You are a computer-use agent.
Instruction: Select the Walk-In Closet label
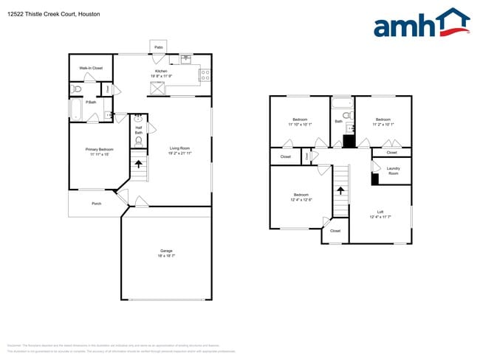[91, 68]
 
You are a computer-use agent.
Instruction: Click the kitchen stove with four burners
[205, 74]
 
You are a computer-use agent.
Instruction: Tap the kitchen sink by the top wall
[185, 58]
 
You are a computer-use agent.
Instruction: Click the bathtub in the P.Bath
[75, 111]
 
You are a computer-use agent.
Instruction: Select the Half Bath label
[138, 130]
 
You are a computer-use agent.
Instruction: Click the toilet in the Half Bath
[138, 141]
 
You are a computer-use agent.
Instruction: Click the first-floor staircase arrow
[138, 165]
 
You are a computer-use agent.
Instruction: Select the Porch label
[96, 203]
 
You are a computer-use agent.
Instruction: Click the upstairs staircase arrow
[340, 191]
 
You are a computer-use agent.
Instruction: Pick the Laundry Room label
[393, 170]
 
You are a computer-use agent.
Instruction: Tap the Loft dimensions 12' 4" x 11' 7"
[380, 216]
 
